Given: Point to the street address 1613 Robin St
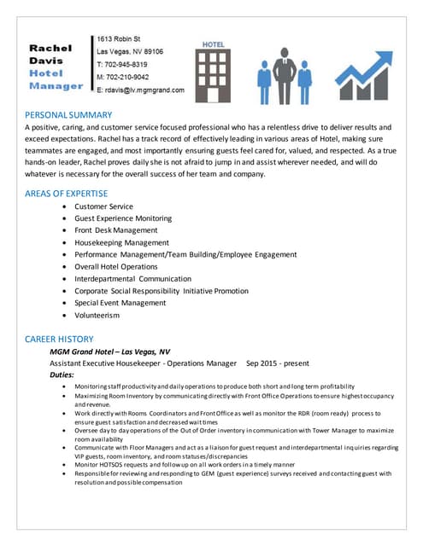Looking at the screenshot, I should click(120, 39).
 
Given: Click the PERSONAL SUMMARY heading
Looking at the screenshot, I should click(68, 114).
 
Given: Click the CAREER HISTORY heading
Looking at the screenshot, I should click(59, 339).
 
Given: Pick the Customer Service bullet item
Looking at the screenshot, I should click(103, 206).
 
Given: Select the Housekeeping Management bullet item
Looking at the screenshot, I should click(121, 242).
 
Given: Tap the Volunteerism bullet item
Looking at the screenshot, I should click(97, 315).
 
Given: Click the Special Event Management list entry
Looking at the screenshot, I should click(120, 303).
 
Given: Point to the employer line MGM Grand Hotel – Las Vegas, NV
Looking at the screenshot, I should click(109, 351).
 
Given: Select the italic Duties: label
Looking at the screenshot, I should click(62, 375).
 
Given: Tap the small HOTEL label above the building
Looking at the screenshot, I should click(213, 44).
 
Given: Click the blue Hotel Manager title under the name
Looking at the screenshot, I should click(56, 79).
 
